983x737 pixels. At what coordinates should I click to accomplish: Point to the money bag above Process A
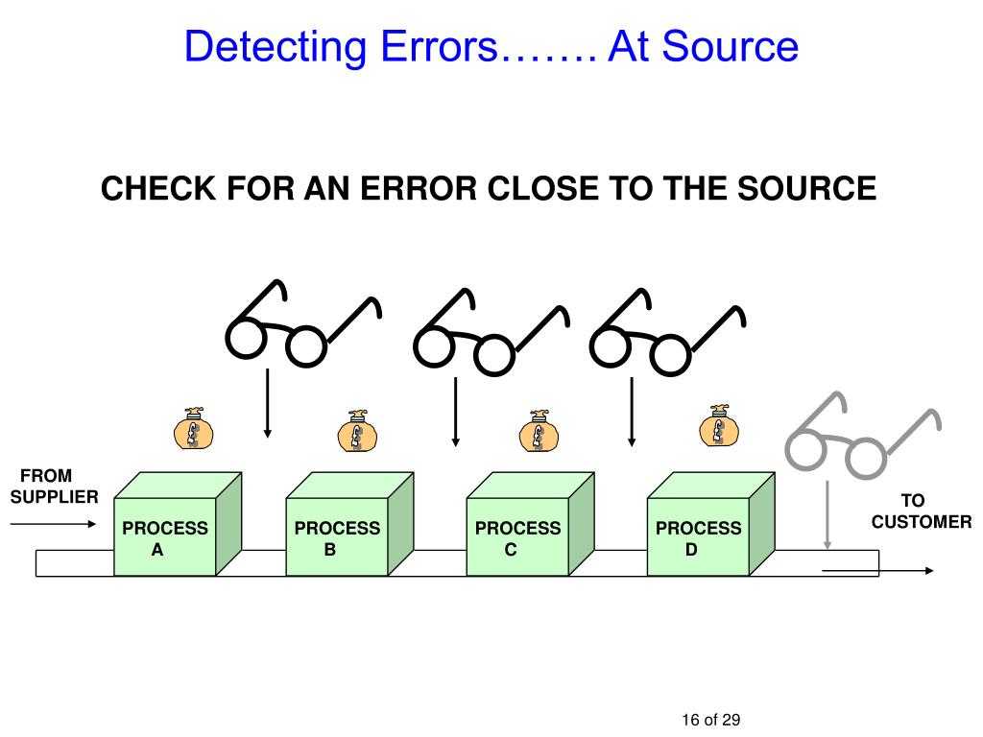pos(193,429)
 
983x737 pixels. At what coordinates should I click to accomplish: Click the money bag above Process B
pos(357,432)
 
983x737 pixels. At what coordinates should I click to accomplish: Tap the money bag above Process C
pos(538,432)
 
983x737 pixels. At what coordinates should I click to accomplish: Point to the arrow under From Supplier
pos(53,524)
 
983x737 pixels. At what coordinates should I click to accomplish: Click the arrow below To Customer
pos(878,571)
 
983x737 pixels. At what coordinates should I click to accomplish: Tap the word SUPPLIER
pos(54,497)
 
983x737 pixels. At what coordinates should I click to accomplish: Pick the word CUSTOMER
pos(922,522)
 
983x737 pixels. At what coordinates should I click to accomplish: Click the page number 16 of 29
pos(711,721)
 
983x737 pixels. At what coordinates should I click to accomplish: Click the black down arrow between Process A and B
pos(267,403)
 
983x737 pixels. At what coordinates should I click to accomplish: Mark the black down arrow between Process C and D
pos(632,411)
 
